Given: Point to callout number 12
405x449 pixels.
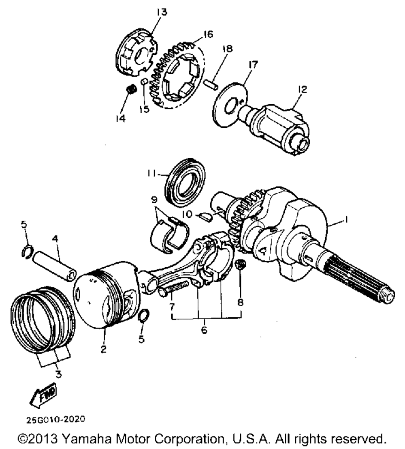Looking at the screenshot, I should tap(303, 89).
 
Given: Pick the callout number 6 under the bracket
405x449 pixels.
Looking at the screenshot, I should tap(204, 330).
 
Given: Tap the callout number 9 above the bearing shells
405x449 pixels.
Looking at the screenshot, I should tap(154, 200).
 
